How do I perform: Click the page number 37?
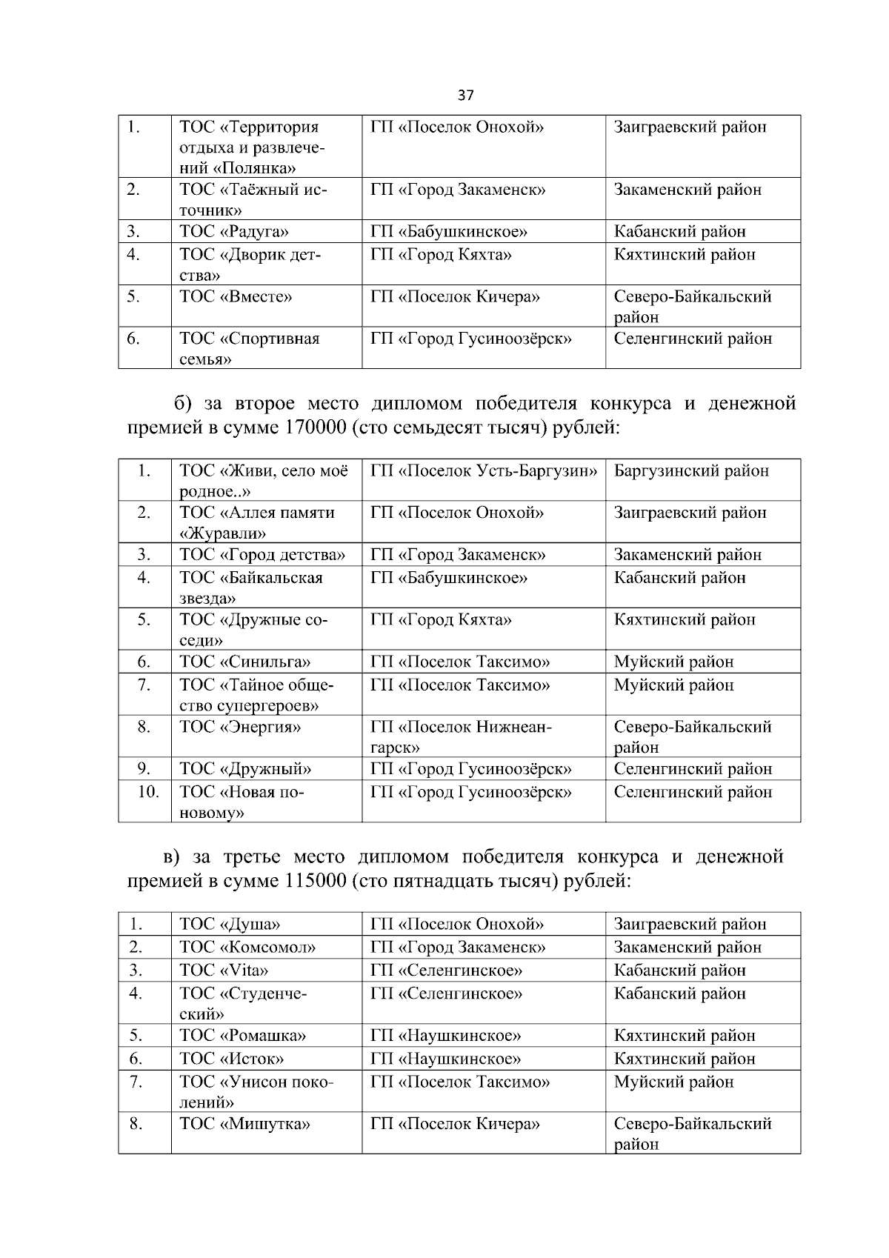point(466,95)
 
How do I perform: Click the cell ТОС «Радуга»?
point(234,231)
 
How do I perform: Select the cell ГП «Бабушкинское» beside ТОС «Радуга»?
point(449,231)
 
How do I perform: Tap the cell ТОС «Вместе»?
point(236,297)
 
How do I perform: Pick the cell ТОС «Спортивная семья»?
point(249,348)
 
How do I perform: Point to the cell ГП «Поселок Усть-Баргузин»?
point(483,471)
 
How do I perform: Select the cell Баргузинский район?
point(691,471)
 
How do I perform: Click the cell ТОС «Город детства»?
point(262,555)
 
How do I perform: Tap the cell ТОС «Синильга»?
point(244,662)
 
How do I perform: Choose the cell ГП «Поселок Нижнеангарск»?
point(461,736)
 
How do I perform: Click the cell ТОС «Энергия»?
point(240,727)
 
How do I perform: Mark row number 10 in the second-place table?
point(148,792)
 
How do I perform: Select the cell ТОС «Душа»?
point(230,924)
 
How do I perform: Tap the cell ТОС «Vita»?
point(224,970)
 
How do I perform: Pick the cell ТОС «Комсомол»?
point(247,947)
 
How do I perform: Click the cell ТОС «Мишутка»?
point(244,1124)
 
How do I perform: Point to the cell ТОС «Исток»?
point(231,1059)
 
